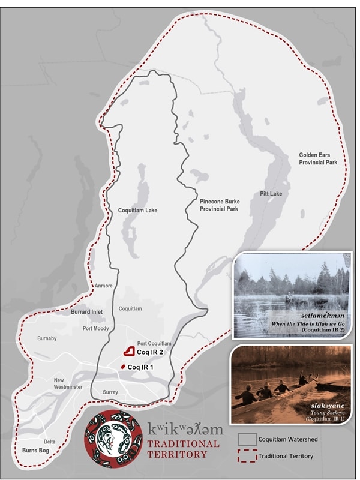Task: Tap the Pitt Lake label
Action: point(271,194)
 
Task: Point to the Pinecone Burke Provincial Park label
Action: point(219,205)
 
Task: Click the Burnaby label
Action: point(47,338)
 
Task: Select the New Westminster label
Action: point(68,383)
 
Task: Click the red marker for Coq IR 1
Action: point(123,367)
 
